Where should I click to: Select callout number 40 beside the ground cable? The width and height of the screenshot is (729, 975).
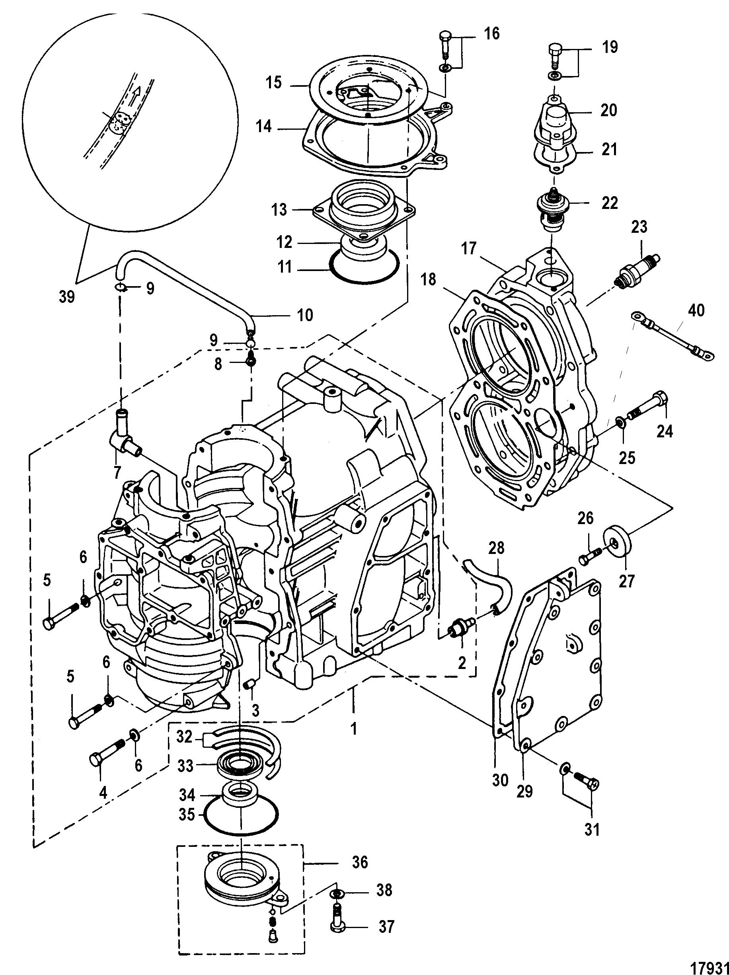[696, 310]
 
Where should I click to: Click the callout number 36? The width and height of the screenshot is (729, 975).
[360, 862]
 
